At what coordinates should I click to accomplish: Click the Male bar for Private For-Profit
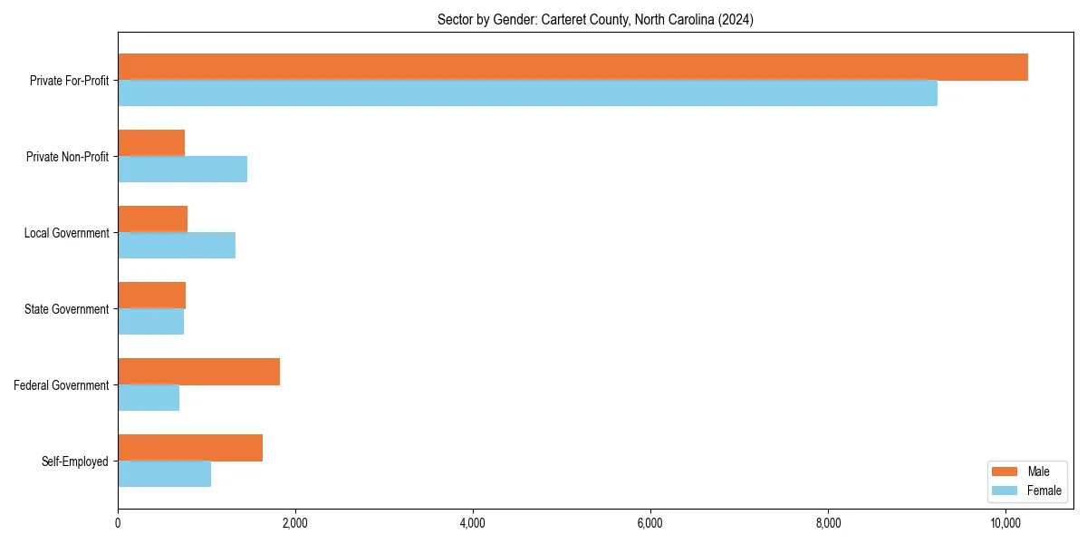[x=572, y=67]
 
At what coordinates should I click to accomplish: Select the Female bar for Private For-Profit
[x=527, y=93]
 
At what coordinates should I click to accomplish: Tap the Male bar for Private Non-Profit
[x=151, y=143]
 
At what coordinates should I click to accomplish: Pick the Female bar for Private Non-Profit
[x=182, y=170]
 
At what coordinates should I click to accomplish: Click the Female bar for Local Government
[x=177, y=246]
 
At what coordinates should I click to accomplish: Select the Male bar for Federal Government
[x=198, y=372]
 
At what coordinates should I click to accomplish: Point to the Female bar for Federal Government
[x=149, y=398]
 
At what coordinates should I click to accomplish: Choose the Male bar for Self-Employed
[x=190, y=448]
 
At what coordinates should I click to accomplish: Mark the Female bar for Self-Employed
[x=164, y=474]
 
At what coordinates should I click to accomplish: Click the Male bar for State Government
[x=151, y=296]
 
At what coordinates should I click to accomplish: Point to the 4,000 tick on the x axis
[x=473, y=523]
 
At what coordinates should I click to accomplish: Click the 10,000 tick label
[x=1005, y=523]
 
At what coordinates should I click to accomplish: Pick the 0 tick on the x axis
[x=118, y=523]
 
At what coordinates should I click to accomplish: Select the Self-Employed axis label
[x=75, y=461]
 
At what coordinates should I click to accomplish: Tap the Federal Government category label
[x=62, y=385]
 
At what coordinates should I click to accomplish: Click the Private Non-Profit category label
[x=68, y=157]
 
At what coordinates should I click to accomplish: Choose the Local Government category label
[x=67, y=233]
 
